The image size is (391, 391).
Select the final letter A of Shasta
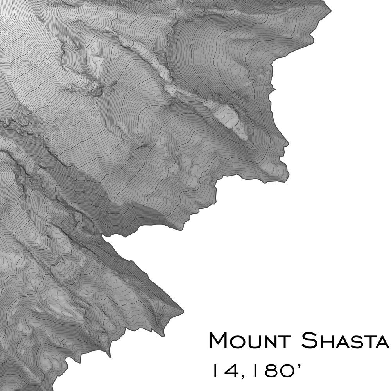point(382,342)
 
